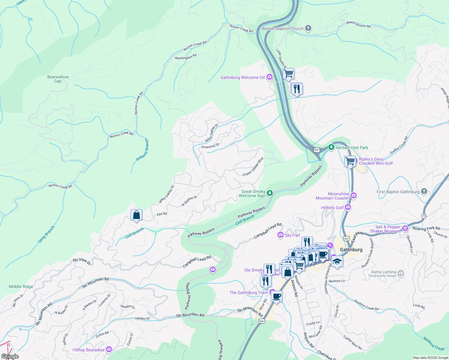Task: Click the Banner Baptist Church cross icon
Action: [x=308, y=28]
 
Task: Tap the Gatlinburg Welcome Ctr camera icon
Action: [x=269, y=77]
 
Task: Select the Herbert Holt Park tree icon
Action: [x=331, y=147]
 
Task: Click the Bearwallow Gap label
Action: [x=58, y=79]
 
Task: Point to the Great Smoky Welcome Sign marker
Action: [x=270, y=193]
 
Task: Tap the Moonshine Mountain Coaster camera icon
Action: [x=353, y=196]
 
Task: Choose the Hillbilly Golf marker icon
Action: [x=348, y=207]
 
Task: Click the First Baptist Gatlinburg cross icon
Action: [x=424, y=191]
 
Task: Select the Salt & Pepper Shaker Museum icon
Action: [x=405, y=229]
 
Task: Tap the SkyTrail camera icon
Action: [x=281, y=235]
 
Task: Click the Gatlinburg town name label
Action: [x=351, y=250]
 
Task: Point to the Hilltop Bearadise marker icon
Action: [x=109, y=349]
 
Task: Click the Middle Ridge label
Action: [x=21, y=286]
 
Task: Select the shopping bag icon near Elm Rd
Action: [x=136, y=215]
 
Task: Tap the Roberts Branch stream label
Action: [x=142, y=149]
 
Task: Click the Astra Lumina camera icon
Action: [x=401, y=273]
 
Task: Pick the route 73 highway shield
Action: [x=424, y=216]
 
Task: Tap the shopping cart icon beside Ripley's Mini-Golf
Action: [x=350, y=161]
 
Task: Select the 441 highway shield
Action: [x=262, y=321]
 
